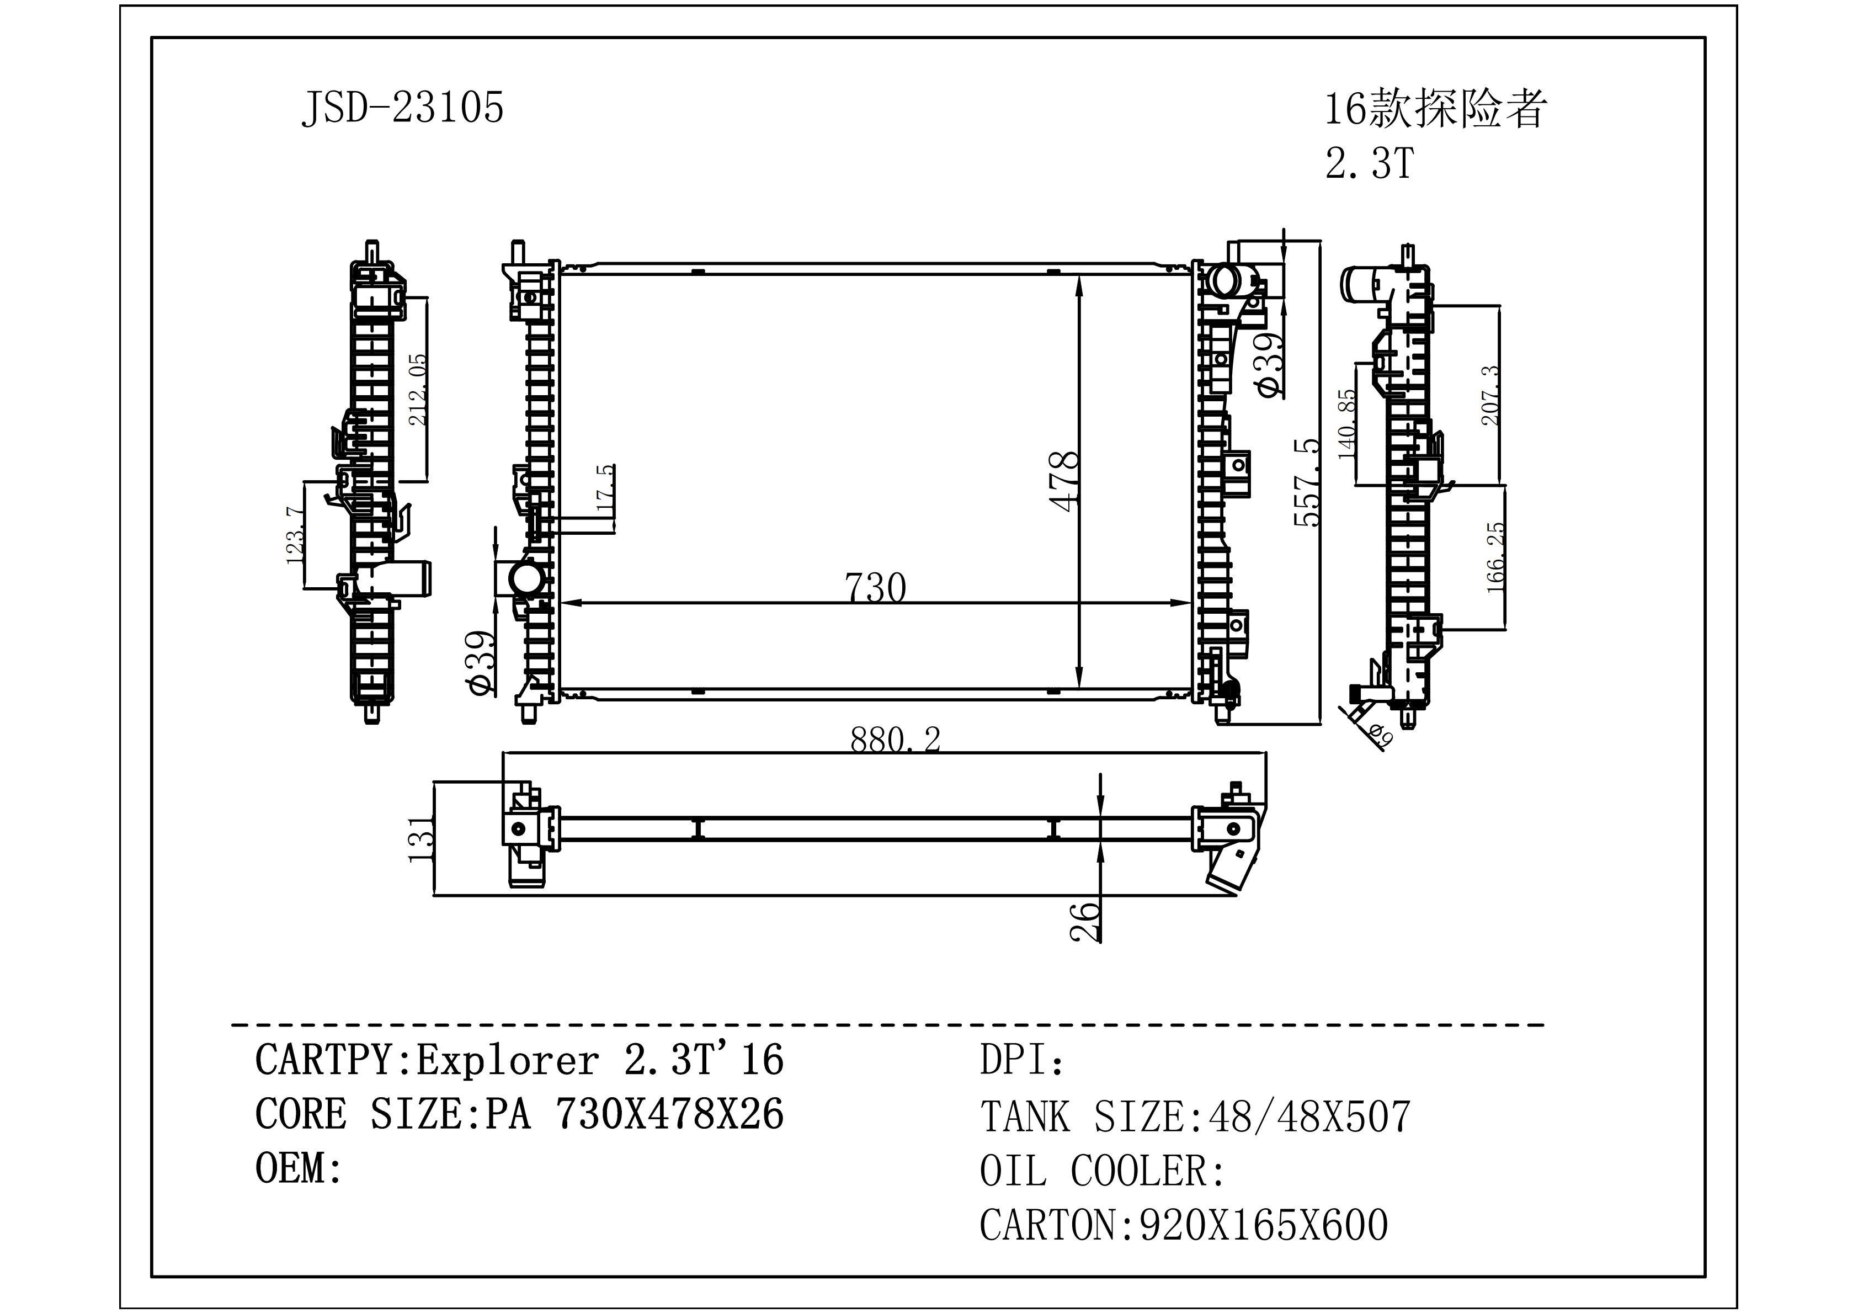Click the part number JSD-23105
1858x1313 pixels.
[402, 107]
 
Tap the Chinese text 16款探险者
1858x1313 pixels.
[1435, 109]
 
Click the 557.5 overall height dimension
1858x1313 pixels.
[1306, 482]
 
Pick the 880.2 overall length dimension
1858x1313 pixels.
[895, 738]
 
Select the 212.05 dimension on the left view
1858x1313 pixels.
[418, 389]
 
